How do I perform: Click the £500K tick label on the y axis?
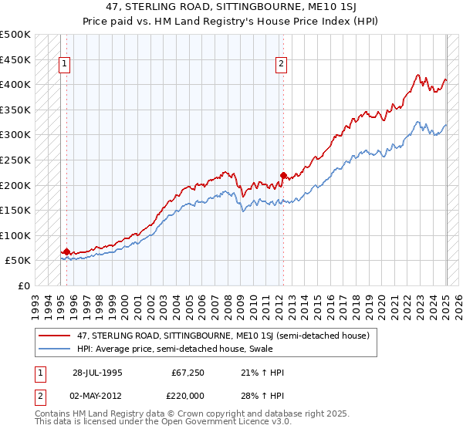click(15, 35)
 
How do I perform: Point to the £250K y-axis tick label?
click(15, 160)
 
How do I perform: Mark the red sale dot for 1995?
click(67, 251)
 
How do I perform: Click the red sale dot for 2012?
click(283, 175)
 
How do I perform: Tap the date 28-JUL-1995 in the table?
click(97, 373)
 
